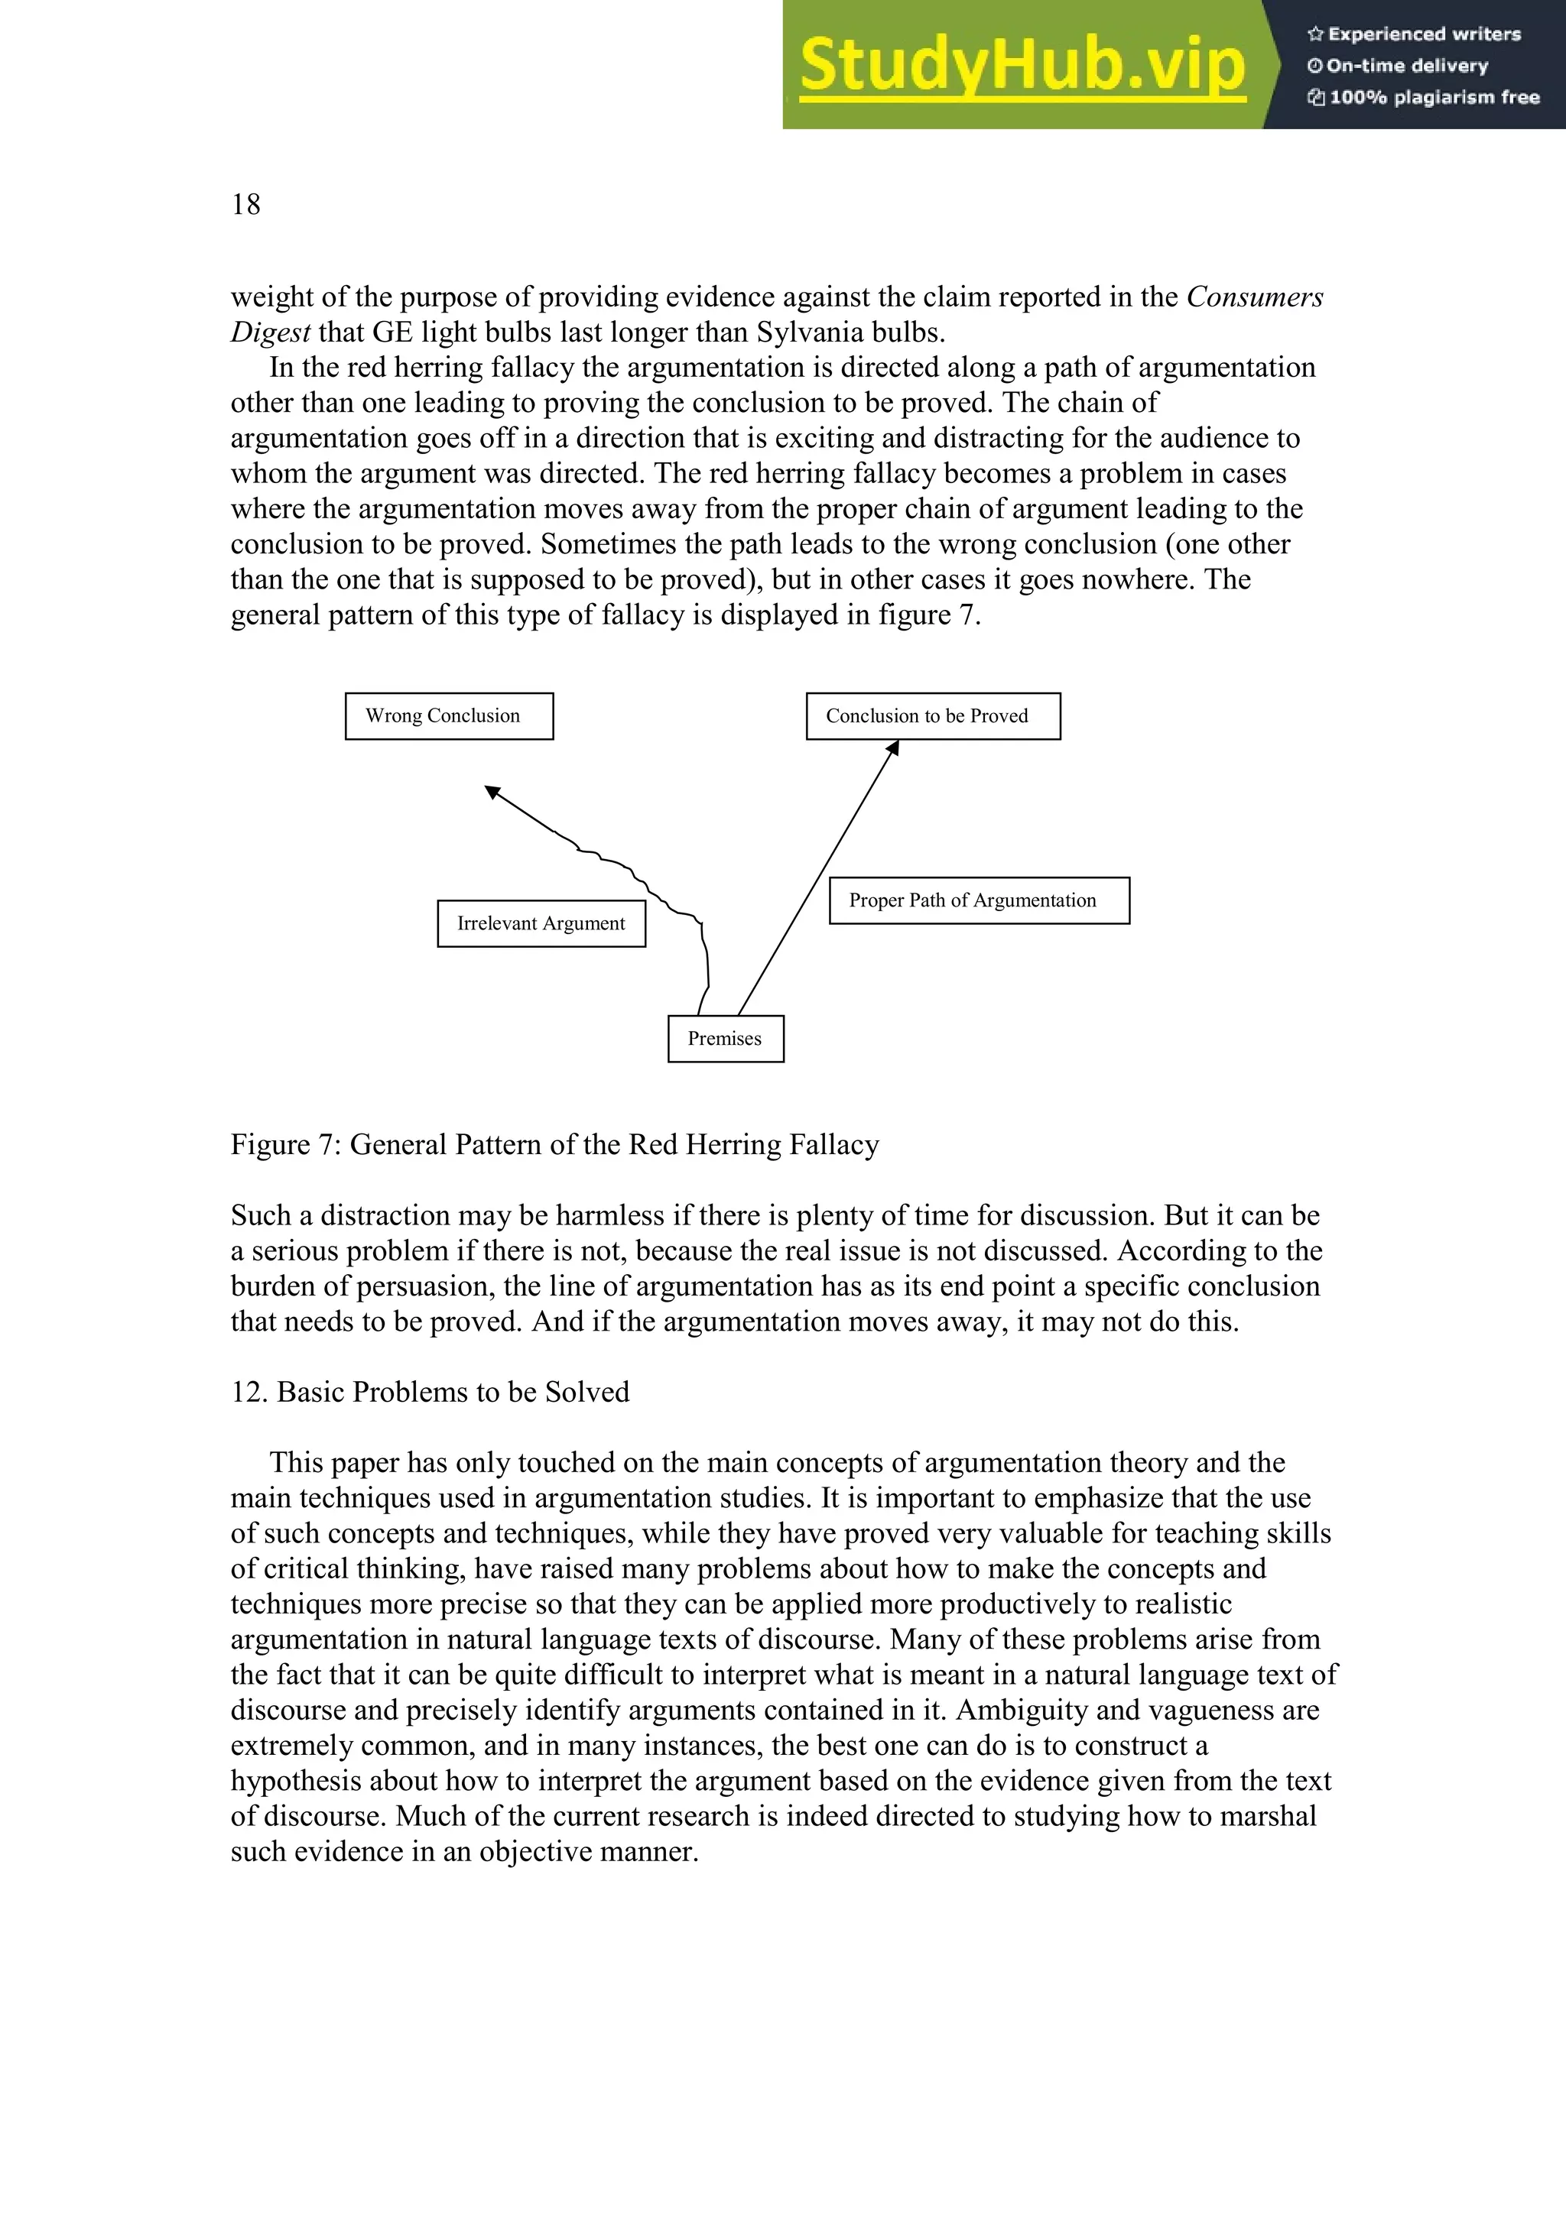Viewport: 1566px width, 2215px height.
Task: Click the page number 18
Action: (x=245, y=205)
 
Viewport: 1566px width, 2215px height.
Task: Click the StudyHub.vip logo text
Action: (x=1022, y=66)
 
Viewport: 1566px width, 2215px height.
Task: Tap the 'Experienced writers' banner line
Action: (x=1415, y=34)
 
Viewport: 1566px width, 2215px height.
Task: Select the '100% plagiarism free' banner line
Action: (x=1425, y=97)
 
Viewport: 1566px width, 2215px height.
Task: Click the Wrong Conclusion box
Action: (x=449, y=716)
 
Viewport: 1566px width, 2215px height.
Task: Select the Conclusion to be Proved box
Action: (x=932, y=716)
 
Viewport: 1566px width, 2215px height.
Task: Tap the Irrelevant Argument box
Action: (x=541, y=923)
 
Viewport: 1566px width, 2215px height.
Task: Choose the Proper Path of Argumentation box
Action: (x=979, y=900)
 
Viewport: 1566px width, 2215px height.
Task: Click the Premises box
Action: (x=725, y=1038)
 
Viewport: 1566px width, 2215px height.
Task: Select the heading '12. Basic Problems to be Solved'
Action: (x=430, y=1391)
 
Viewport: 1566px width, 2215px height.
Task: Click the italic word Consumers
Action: (x=1254, y=297)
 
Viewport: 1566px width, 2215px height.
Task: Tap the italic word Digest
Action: (x=270, y=332)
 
